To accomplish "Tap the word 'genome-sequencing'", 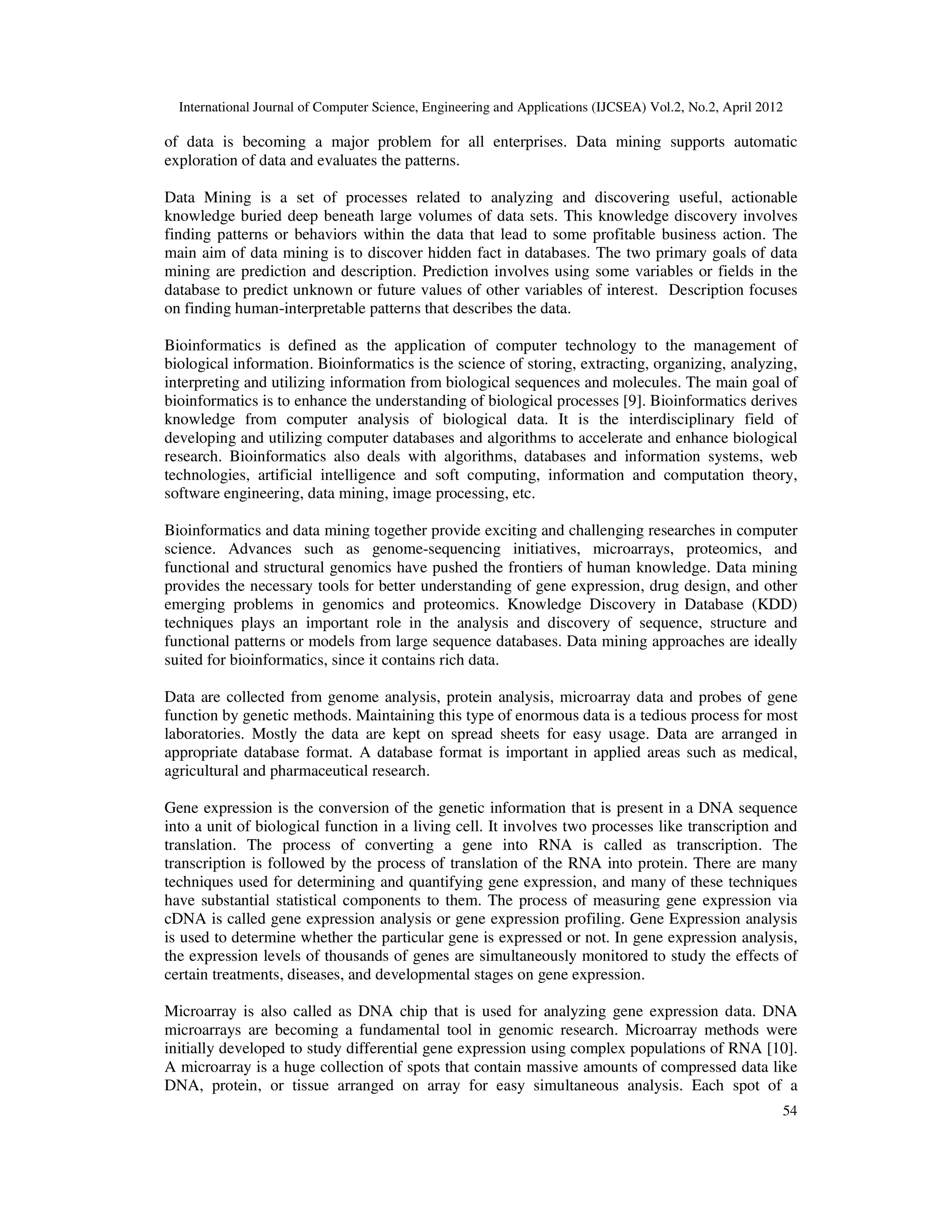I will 436,549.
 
